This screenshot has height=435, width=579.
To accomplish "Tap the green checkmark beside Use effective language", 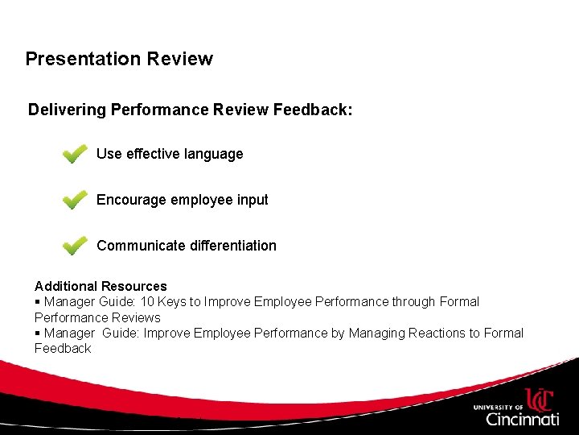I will [75, 154].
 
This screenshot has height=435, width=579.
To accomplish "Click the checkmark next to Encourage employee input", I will [75, 200].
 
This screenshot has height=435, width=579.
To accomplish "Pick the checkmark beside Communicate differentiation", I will [75, 245].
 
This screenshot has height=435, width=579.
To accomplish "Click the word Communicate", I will [141, 246].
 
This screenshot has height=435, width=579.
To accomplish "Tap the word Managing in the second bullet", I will [374, 333].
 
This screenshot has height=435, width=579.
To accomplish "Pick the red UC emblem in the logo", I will [540, 399].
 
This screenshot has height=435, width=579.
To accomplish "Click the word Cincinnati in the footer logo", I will [522, 419].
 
